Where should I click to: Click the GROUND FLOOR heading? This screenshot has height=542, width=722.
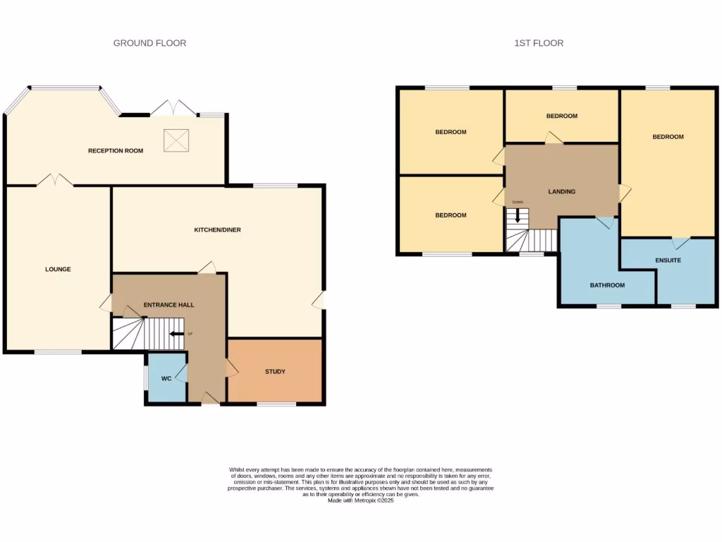(x=149, y=43)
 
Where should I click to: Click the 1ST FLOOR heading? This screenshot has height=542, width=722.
(x=539, y=43)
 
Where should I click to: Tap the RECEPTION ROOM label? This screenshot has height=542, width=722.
(x=115, y=150)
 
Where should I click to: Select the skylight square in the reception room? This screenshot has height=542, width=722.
(x=176, y=139)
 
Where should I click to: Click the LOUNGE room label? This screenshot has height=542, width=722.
(x=58, y=269)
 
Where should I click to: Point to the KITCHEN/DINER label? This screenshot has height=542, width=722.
(x=218, y=229)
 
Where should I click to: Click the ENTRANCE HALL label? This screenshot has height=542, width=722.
(x=169, y=305)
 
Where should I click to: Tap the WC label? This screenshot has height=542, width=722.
(x=166, y=379)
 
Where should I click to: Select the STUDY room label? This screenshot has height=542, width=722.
(x=275, y=371)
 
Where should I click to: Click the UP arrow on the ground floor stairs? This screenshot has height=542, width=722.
(x=176, y=334)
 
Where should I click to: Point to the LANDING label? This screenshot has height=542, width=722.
(x=562, y=191)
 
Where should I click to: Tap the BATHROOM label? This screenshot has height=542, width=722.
(x=607, y=285)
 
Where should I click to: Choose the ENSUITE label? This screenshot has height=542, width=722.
(x=668, y=260)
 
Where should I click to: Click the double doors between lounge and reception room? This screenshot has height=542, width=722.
(x=55, y=181)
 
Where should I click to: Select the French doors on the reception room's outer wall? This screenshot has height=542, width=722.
(x=173, y=109)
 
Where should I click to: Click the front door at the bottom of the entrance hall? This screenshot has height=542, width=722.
(x=209, y=399)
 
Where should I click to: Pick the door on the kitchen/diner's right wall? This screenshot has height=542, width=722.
(x=319, y=301)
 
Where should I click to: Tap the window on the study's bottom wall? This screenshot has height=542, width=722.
(x=276, y=404)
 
